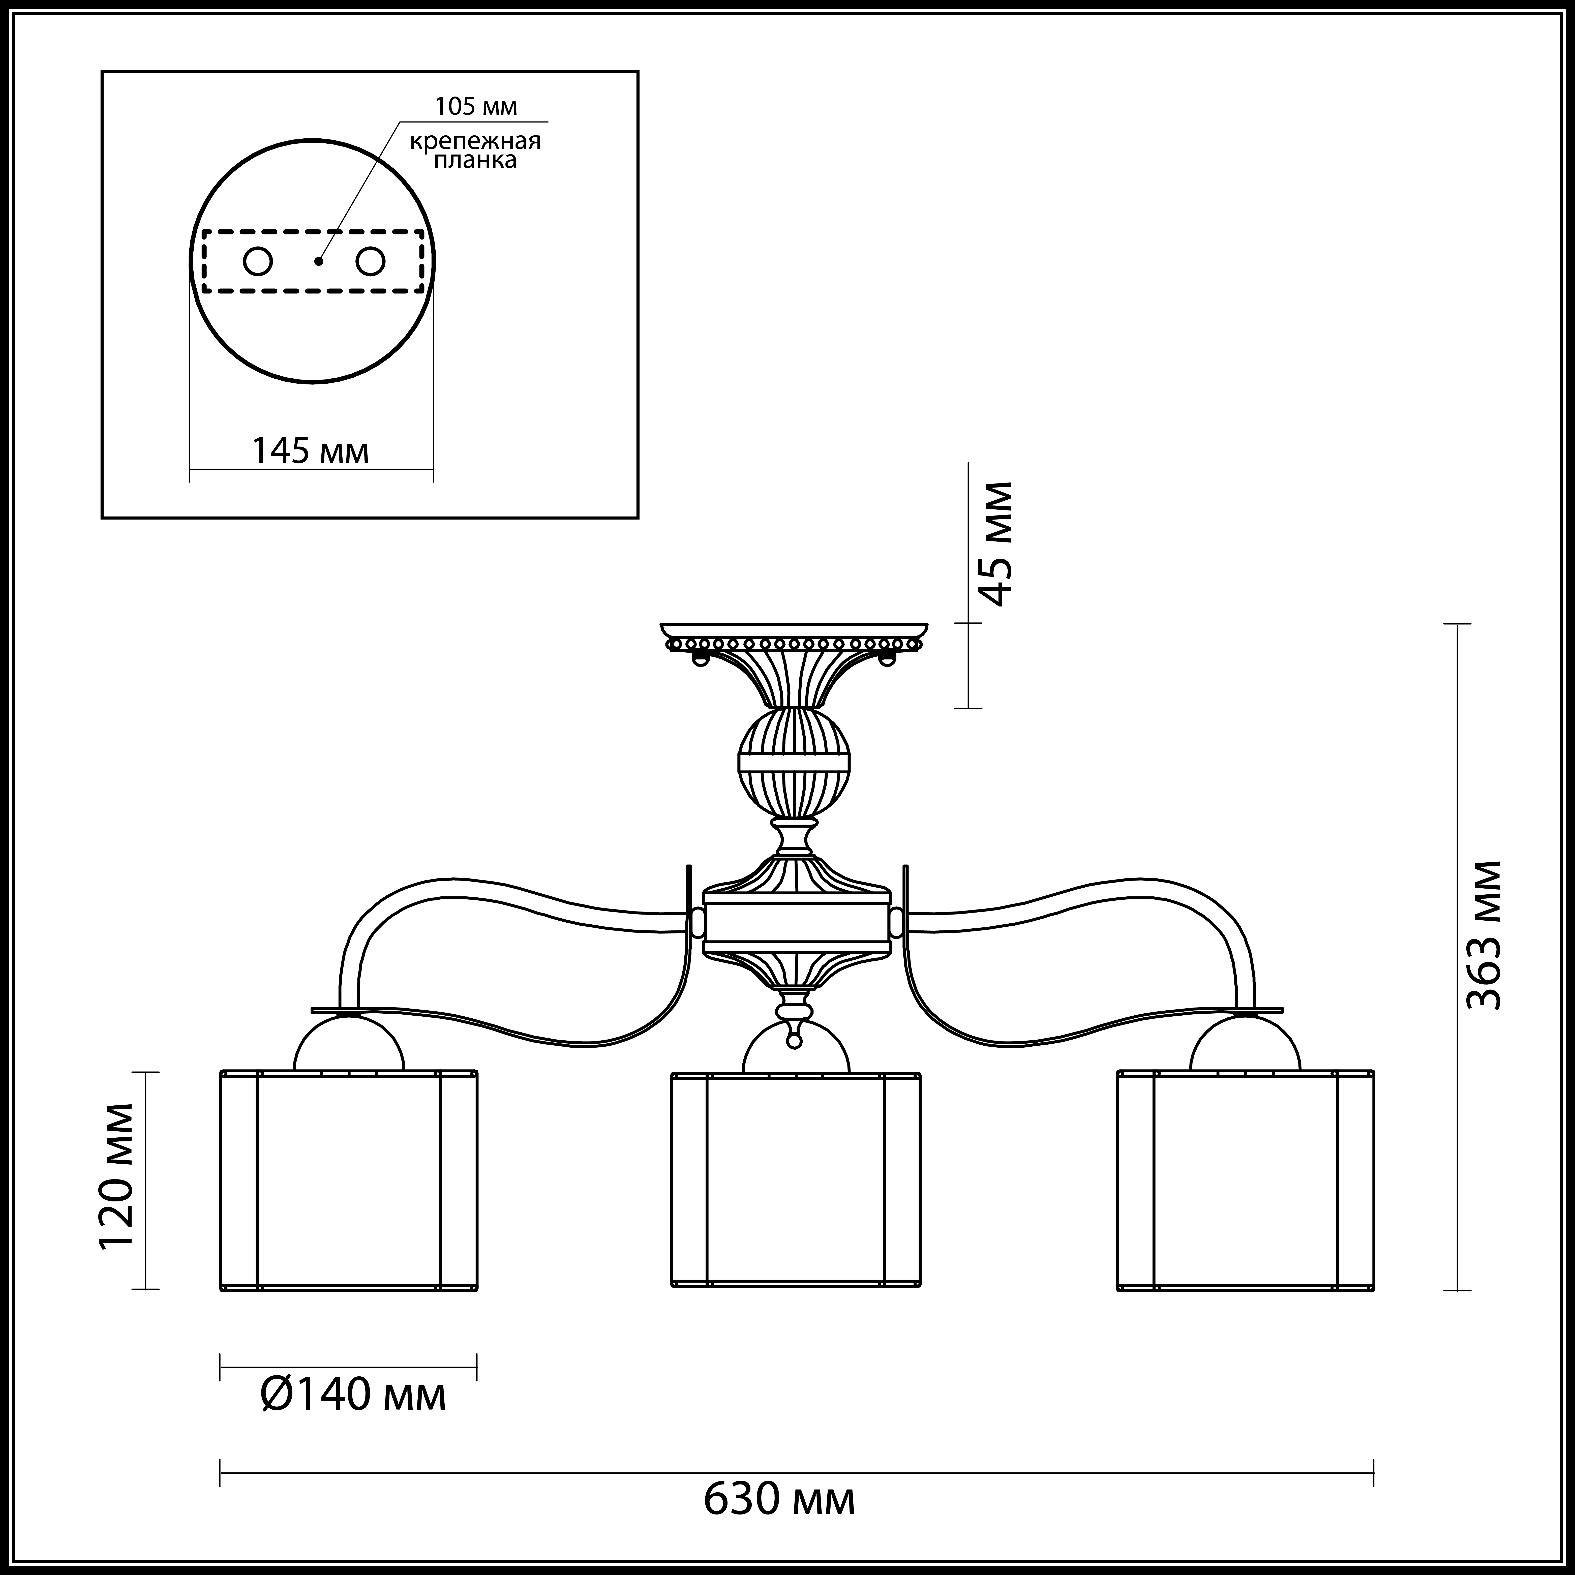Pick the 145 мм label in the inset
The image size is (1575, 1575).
pos(310,451)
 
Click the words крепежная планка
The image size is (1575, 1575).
pos(475,151)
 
